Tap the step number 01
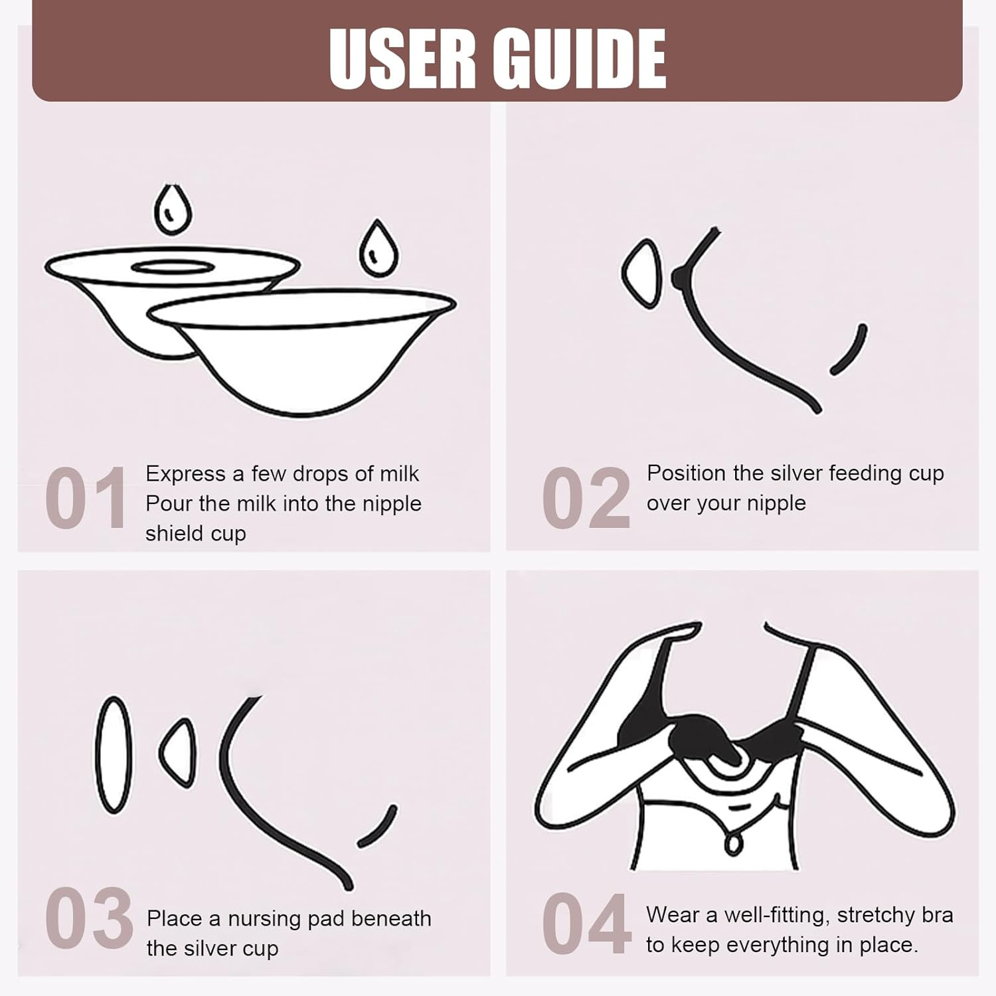pyautogui.click(x=86, y=497)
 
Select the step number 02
pyautogui.click(x=586, y=497)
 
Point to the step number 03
pyautogui.click(x=89, y=919)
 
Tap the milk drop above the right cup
pyautogui.click(x=378, y=248)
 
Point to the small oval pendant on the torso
pyautogui.click(x=733, y=843)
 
